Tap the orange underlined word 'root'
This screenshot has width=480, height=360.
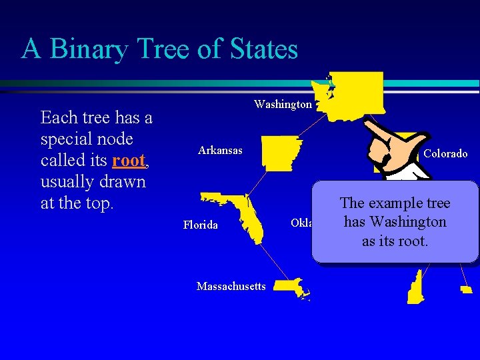[129, 161]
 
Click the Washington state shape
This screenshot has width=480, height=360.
[356, 93]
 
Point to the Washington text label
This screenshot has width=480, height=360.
[283, 105]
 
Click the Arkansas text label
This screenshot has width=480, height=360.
[220, 151]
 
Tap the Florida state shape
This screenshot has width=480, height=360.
[243, 213]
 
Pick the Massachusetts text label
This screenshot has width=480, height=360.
[231, 287]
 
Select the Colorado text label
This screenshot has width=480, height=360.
[445, 154]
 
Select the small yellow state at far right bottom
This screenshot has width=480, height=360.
[466, 289]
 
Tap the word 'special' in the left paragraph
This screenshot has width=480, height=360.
[67, 139]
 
